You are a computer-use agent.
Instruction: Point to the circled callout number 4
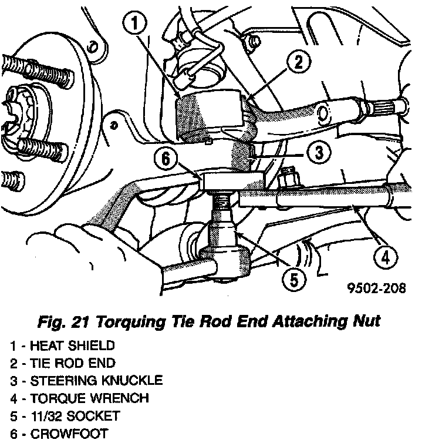click(385, 257)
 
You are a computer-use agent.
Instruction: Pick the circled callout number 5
click(295, 278)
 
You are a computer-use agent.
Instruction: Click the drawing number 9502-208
click(376, 289)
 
